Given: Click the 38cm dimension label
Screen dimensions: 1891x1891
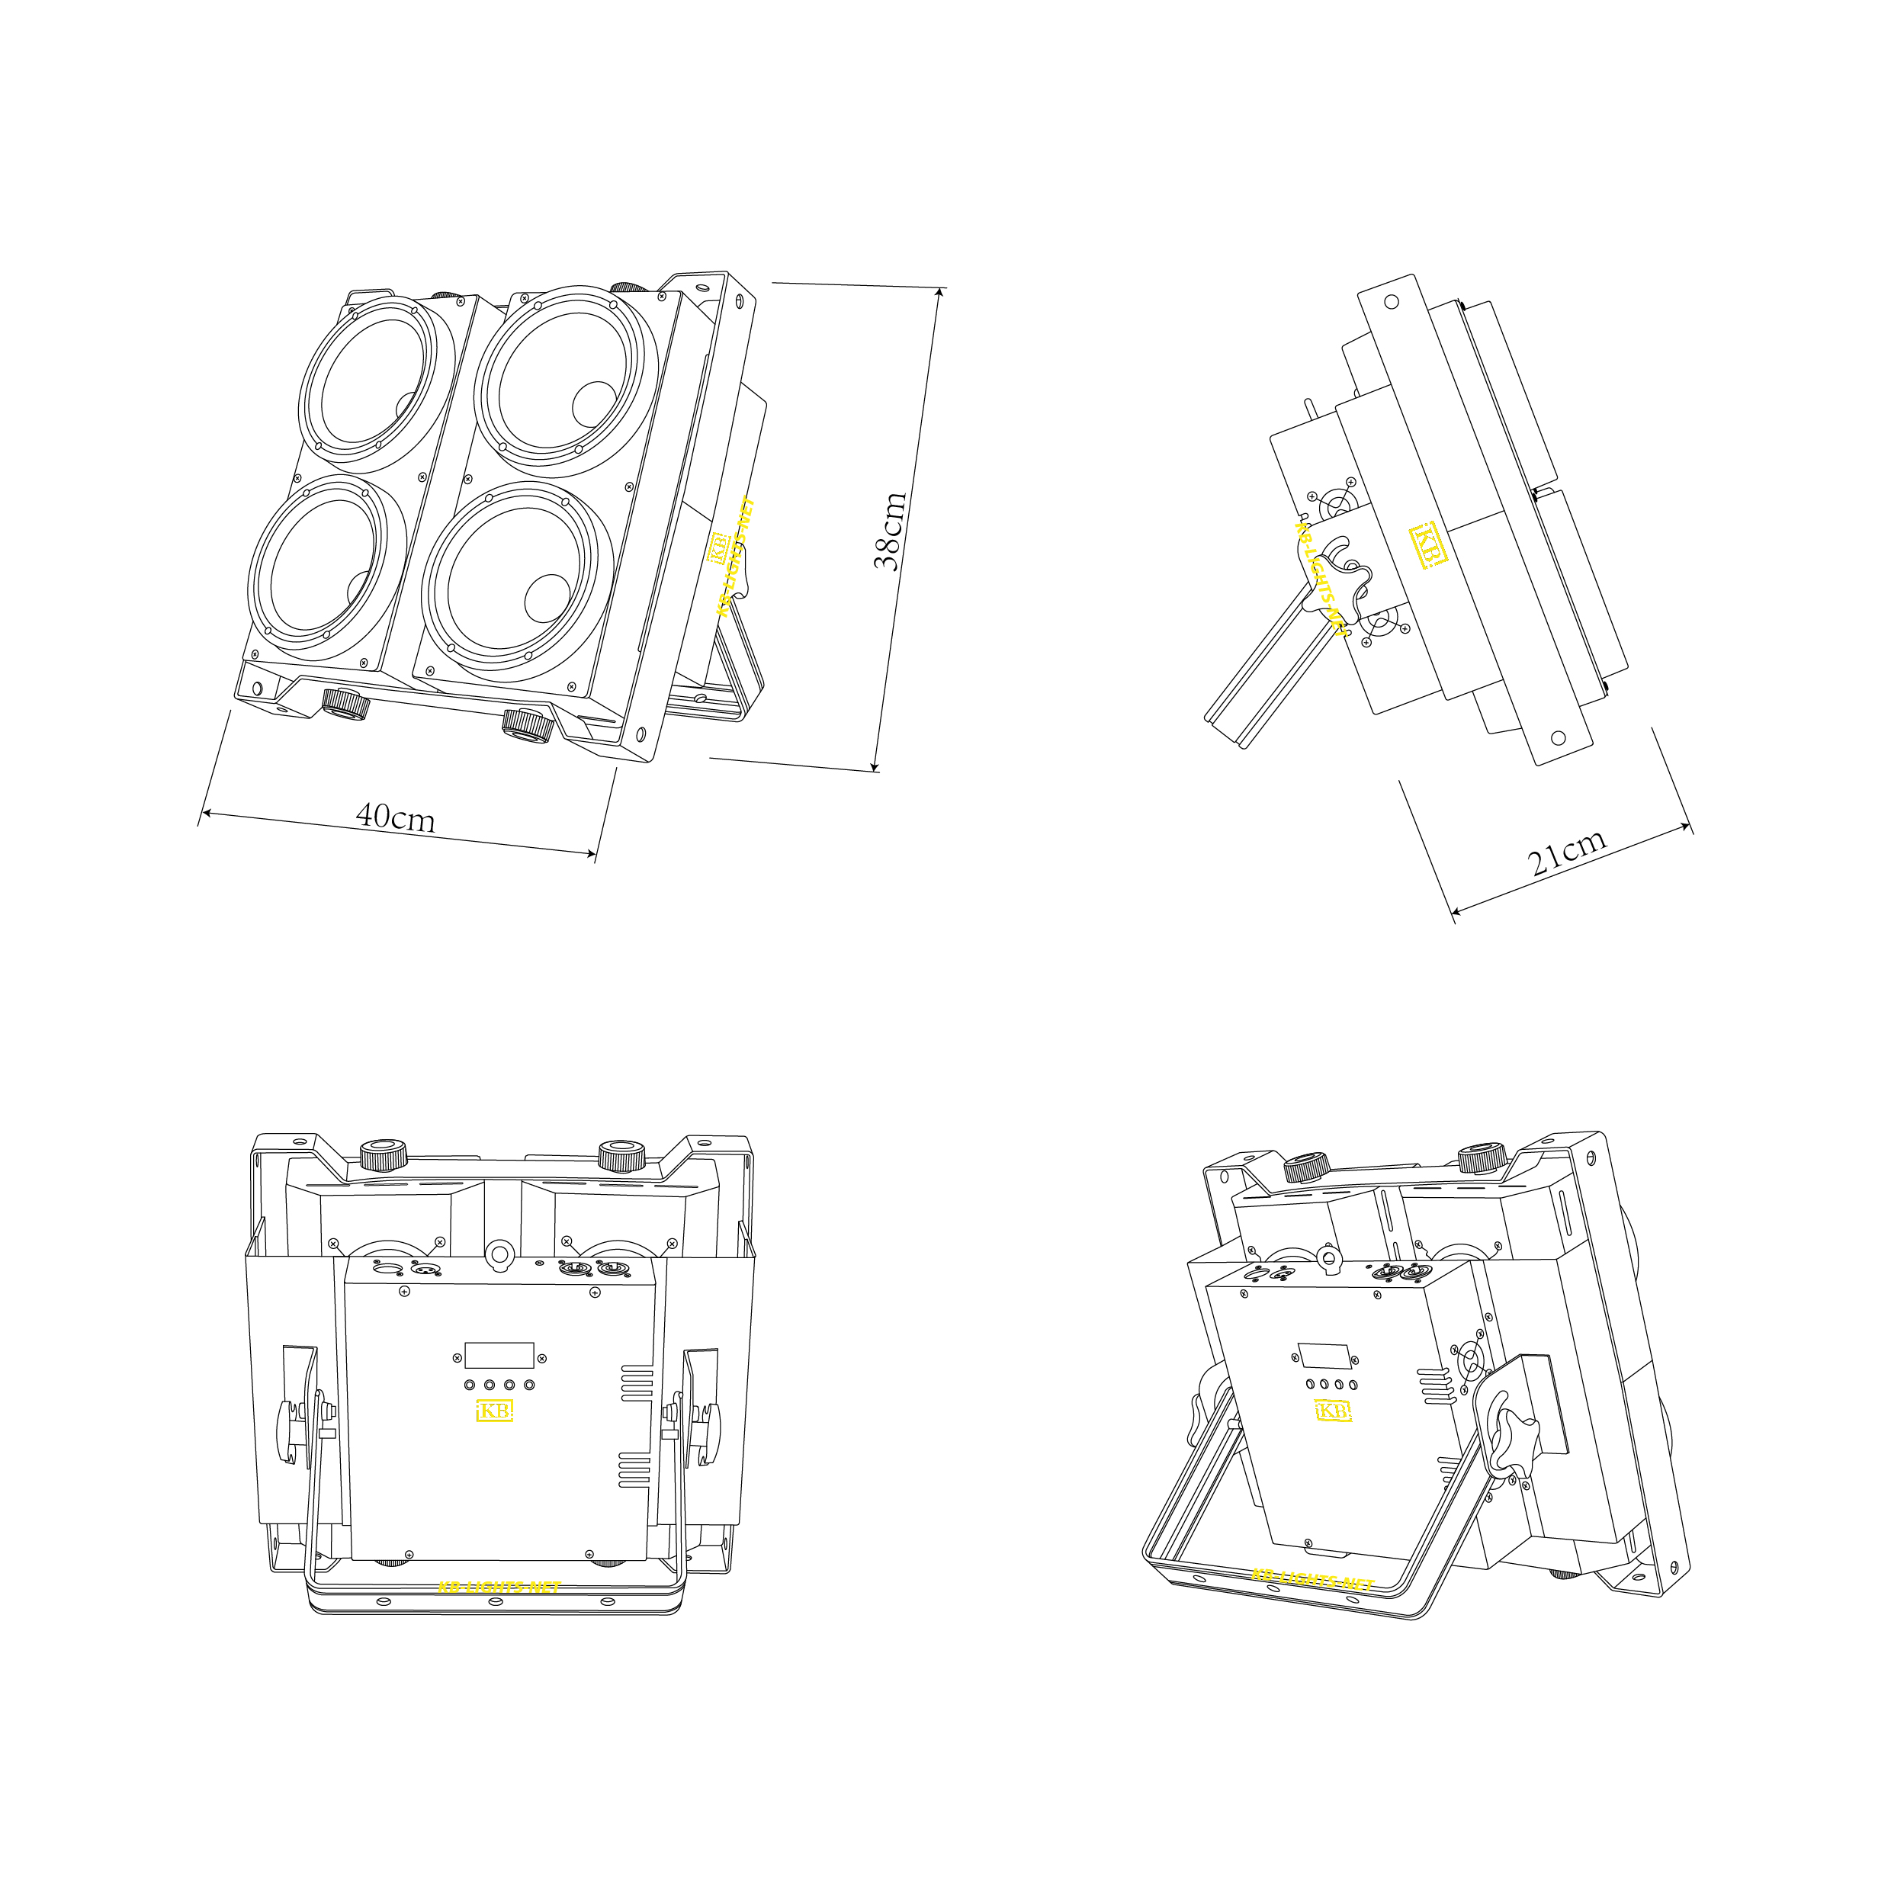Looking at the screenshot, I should [890, 531].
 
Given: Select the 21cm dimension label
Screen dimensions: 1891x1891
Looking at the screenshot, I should [1567, 852].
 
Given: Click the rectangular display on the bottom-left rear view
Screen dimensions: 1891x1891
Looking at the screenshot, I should [499, 1356].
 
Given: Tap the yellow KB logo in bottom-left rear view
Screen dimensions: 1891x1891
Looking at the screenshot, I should [494, 1411].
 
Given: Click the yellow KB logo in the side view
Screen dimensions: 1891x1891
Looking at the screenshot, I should [1428, 546].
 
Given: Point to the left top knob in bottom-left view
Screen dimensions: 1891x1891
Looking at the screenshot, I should [384, 1155].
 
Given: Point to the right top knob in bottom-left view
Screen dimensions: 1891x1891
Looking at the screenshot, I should [621, 1155].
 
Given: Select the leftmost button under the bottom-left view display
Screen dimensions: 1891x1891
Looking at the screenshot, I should [470, 1385].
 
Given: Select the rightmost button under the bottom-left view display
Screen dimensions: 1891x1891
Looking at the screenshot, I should [529, 1385].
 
